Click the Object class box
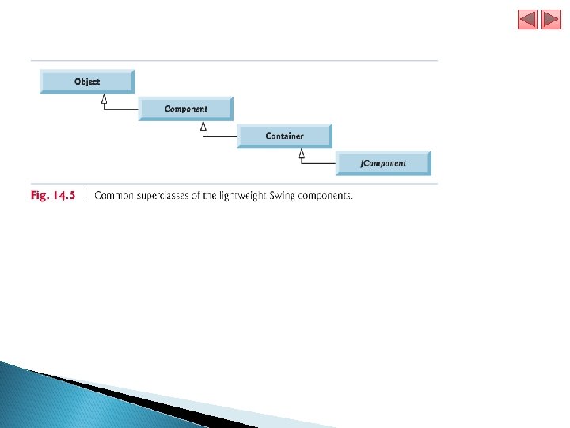(87, 82)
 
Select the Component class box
(186, 109)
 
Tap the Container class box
(285, 136)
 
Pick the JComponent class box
(384, 162)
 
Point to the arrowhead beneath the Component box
(203, 126)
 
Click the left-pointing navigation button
(527, 20)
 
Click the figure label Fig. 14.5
(53, 196)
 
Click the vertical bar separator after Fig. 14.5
(85, 196)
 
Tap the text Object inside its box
(87, 82)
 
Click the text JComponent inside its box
(384, 162)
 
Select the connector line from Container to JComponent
(319, 163)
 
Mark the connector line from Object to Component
(121, 109)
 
